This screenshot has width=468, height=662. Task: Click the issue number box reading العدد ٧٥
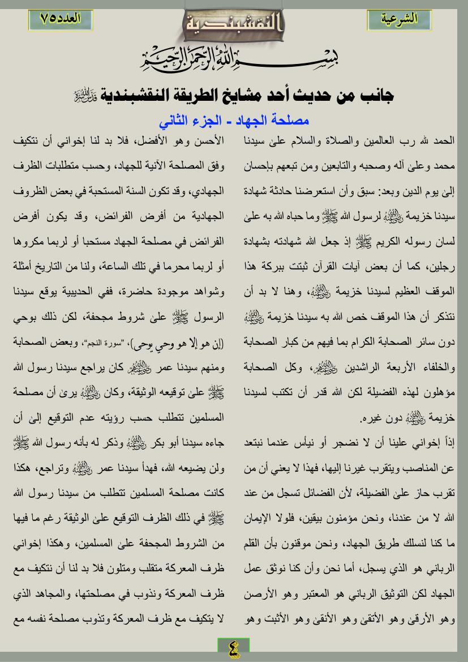tap(61, 19)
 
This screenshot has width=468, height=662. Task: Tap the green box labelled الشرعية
tap(399, 19)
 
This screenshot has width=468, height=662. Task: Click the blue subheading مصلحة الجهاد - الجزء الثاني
tap(234, 122)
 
